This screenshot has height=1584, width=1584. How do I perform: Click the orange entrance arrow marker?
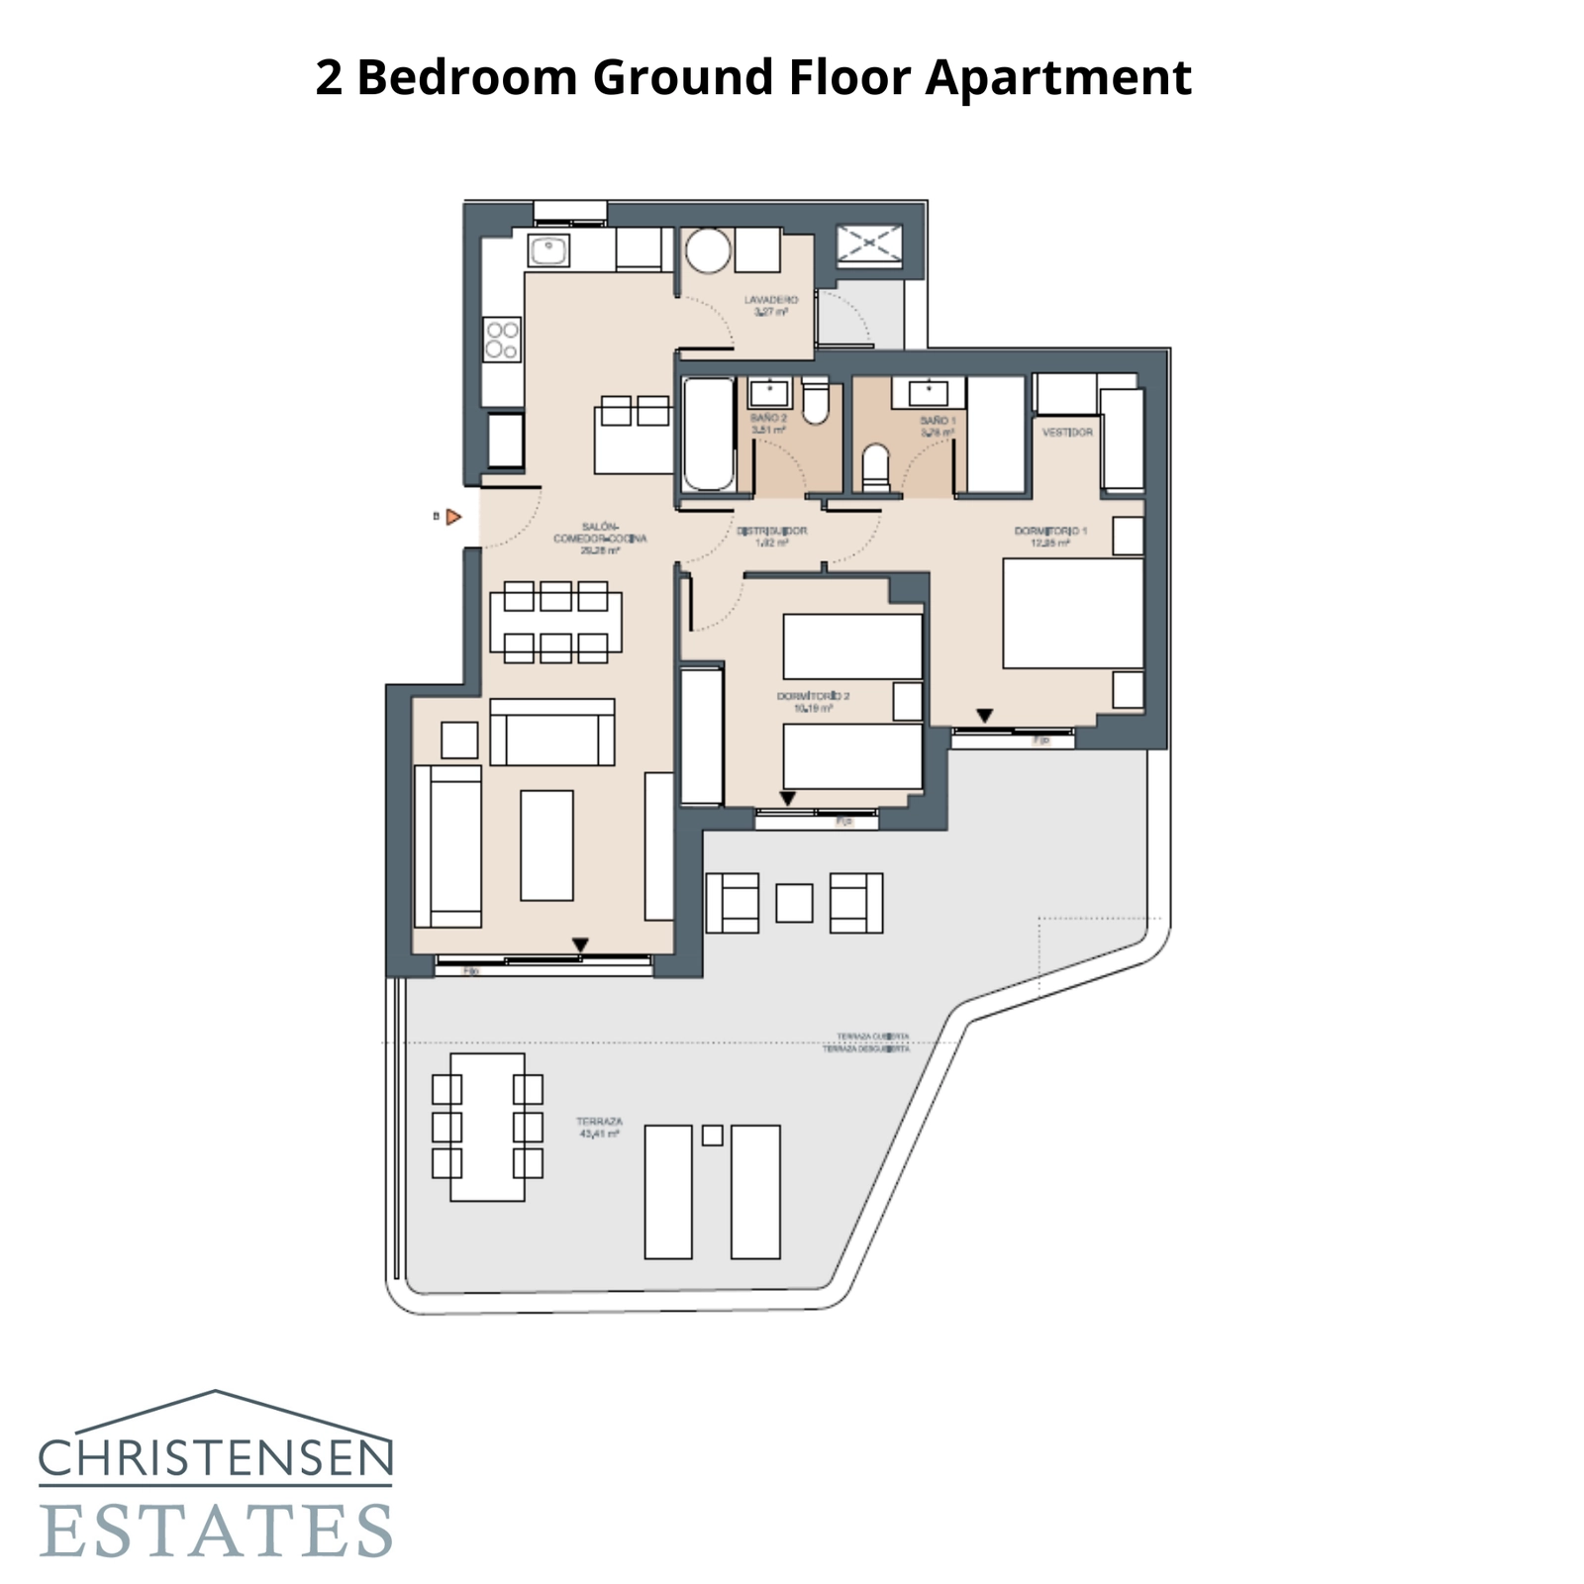click(453, 517)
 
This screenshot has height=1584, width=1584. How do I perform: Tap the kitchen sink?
click(547, 250)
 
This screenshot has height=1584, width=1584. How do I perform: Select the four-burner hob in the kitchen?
click(502, 340)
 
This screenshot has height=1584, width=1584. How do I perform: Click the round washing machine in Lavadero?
click(708, 251)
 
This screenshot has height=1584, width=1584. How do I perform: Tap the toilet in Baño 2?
click(815, 401)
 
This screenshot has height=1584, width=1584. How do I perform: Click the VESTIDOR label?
click(1067, 433)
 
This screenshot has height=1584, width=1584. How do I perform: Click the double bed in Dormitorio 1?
click(1072, 614)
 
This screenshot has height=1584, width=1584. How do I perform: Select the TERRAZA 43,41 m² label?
click(599, 1128)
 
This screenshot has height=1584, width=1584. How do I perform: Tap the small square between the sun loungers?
click(712, 1136)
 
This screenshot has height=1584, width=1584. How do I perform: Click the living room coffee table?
click(546, 844)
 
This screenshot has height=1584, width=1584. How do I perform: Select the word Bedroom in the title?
click(466, 77)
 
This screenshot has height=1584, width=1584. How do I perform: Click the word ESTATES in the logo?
click(216, 1531)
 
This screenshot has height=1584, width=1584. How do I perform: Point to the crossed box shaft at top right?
click(869, 244)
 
